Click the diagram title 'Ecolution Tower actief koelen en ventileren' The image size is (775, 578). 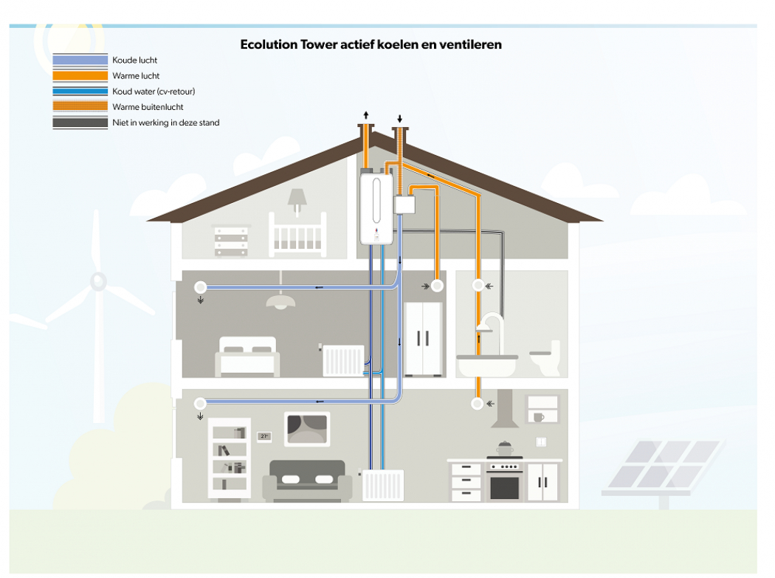(x=371, y=44)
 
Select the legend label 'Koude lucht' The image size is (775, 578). (x=134, y=60)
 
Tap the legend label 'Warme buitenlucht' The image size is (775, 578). (x=148, y=107)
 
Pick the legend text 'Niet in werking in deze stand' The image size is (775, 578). (x=165, y=123)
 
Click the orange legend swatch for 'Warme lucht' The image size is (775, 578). (x=80, y=75)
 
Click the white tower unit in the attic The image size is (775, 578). (x=376, y=208)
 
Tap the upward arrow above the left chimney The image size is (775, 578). (x=365, y=115)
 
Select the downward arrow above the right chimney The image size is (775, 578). (x=400, y=118)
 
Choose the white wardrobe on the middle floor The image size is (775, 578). (x=423, y=339)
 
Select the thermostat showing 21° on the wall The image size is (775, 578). (x=263, y=436)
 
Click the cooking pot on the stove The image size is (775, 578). (x=505, y=448)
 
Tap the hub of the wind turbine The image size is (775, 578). (x=98, y=281)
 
